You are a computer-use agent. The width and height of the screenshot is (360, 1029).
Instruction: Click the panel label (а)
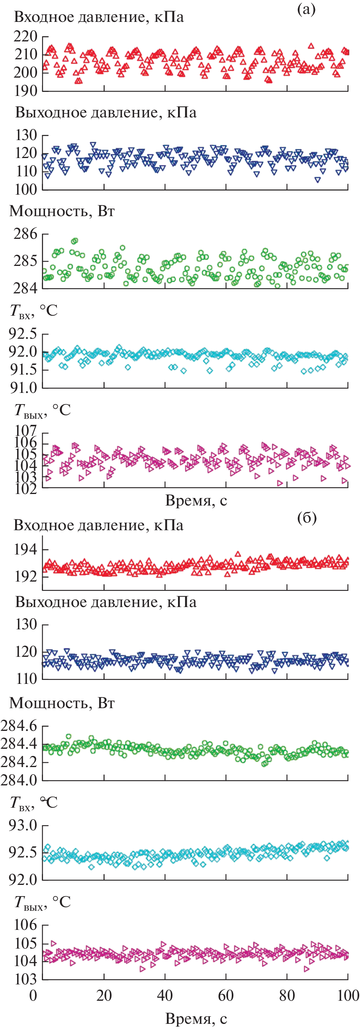click(306, 9)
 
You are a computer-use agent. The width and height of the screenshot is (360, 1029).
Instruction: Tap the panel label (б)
click(307, 518)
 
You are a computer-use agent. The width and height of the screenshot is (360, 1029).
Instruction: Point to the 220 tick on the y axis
click(25, 37)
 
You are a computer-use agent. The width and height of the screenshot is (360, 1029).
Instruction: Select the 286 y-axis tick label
click(25, 234)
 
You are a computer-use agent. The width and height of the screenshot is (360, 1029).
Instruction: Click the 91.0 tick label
click(23, 387)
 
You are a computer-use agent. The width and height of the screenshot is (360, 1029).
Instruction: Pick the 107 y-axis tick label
click(25, 431)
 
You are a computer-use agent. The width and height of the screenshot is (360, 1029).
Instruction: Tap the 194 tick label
click(25, 550)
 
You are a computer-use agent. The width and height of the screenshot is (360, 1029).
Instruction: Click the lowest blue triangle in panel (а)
click(318, 180)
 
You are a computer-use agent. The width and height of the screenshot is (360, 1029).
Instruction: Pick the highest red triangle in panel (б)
click(238, 554)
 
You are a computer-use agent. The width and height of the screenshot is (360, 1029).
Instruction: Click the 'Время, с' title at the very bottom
click(196, 1018)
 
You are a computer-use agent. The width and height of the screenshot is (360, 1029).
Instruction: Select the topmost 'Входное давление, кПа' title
click(99, 17)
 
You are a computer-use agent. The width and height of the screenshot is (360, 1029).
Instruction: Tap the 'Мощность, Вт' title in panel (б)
click(62, 703)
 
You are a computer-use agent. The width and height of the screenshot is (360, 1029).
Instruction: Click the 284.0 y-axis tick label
click(19, 780)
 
